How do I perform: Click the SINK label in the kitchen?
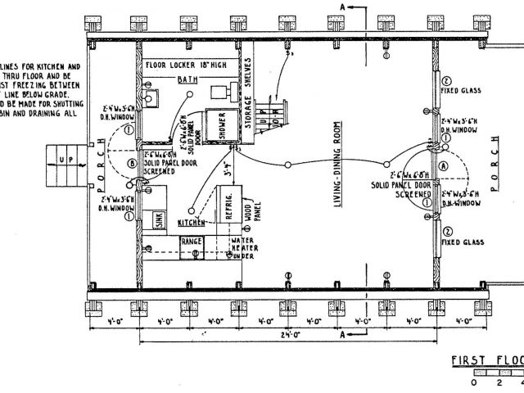[160, 219]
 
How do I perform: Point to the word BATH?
[188, 79]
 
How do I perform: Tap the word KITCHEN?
[191, 223]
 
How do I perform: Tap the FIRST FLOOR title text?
[486, 361]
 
